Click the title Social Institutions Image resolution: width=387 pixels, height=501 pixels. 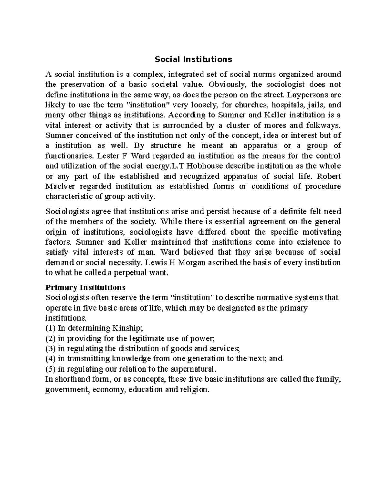(x=193, y=59)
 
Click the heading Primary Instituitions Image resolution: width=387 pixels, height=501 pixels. (x=85, y=287)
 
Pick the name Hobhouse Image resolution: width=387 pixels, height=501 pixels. (x=209, y=166)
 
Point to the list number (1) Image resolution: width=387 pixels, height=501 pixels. (x=51, y=328)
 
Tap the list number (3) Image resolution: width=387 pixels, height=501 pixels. (x=51, y=349)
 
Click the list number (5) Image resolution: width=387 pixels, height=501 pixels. (x=51, y=369)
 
